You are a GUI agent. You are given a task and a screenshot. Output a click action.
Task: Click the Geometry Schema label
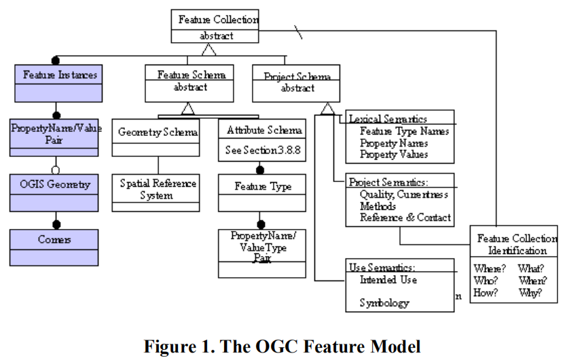[158, 131]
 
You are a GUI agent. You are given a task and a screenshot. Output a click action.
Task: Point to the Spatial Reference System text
[158, 190]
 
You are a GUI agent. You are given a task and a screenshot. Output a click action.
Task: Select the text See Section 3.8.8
[261, 150]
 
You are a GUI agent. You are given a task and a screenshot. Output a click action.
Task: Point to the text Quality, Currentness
[403, 194]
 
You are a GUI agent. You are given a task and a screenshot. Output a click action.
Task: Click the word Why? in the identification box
[530, 293]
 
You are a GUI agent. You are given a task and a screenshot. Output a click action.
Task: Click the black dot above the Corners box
[56, 223]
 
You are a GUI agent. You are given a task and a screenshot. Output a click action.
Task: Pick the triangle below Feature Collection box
[209, 50]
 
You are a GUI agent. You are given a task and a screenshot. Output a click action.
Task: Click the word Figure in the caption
[167, 346]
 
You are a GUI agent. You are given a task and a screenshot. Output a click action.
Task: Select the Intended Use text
[388, 280]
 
